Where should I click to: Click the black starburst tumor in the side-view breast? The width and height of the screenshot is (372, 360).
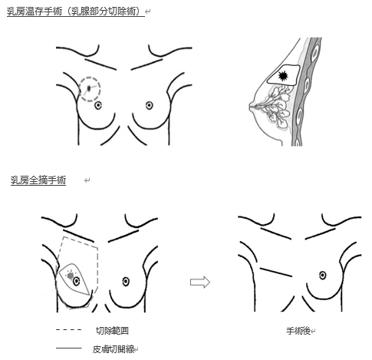point(283,76)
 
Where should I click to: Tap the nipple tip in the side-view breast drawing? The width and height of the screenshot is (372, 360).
point(250,106)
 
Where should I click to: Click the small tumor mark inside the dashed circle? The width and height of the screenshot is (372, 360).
point(89,88)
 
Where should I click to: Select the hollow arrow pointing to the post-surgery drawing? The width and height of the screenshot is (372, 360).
point(200,282)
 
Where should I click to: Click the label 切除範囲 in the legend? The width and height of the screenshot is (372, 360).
point(112,331)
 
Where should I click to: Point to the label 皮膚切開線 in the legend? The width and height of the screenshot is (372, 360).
point(114,349)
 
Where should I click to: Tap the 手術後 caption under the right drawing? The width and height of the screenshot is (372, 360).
point(298,331)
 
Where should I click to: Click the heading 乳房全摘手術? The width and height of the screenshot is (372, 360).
point(38,180)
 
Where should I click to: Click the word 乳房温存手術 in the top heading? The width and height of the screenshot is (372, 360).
point(35,12)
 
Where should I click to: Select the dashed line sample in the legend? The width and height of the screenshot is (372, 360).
point(68,330)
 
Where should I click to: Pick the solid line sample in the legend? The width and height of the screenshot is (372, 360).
point(68,348)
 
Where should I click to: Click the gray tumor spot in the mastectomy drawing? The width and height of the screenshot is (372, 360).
point(71,276)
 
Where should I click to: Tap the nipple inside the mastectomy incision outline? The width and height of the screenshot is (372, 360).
point(76,282)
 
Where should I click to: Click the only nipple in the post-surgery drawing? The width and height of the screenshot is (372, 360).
point(323,276)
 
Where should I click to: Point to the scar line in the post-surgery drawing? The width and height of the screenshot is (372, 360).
point(276,272)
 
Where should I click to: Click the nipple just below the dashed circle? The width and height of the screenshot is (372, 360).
point(98,105)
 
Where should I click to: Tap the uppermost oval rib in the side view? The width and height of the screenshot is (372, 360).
point(315,51)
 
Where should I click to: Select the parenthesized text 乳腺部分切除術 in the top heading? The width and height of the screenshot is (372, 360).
point(106,12)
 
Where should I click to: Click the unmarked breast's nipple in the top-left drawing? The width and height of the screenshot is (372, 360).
point(150,105)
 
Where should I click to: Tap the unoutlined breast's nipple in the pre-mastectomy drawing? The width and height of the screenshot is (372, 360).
point(126,282)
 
